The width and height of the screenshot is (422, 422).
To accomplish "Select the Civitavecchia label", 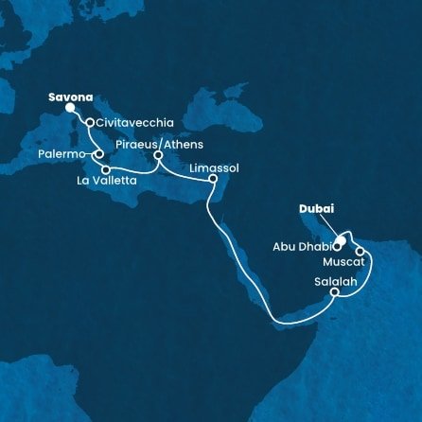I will [132, 123].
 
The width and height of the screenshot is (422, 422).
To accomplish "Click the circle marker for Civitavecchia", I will [90, 122].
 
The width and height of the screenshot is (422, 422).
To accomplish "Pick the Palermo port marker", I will [98, 152].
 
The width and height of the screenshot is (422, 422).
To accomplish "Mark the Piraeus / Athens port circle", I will [158, 156].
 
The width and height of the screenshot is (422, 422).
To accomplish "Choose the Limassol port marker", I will [213, 178].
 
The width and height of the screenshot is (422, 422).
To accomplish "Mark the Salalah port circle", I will [334, 293].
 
